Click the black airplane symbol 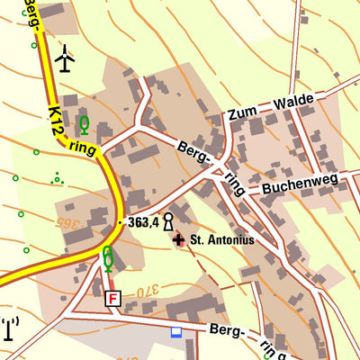pos(65,58)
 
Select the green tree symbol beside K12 pos(85,124)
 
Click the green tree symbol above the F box pos(108,258)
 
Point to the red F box pos(112,298)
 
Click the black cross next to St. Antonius pos(178,240)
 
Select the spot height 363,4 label pos(143,221)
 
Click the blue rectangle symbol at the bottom pos(176,332)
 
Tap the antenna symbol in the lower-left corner pos(10,328)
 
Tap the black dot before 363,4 pos(120,221)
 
